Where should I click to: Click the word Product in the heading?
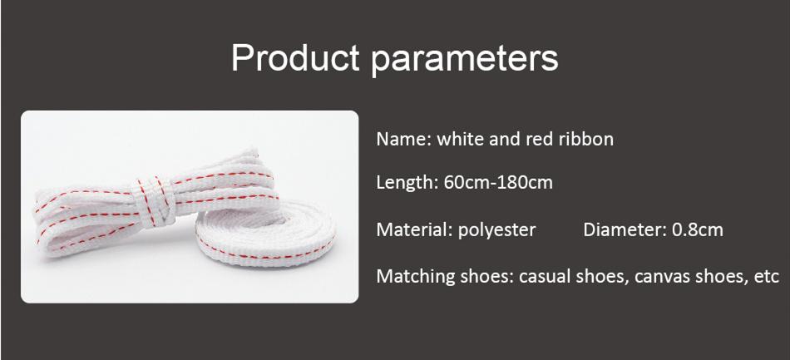click(x=294, y=58)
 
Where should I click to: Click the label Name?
click(x=403, y=139)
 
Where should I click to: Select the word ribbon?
click(x=585, y=139)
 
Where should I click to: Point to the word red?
click(x=539, y=139)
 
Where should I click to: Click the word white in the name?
click(x=461, y=139)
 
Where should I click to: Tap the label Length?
click(x=407, y=182)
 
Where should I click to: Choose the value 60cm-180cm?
click(x=497, y=182)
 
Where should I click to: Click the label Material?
click(x=413, y=229)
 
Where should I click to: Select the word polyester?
click(x=496, y=230)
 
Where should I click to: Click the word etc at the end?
click(x=765, y=276)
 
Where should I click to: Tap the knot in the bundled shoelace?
click(x=161, y=200)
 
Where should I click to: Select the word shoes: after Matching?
click(x=485, y=276)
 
